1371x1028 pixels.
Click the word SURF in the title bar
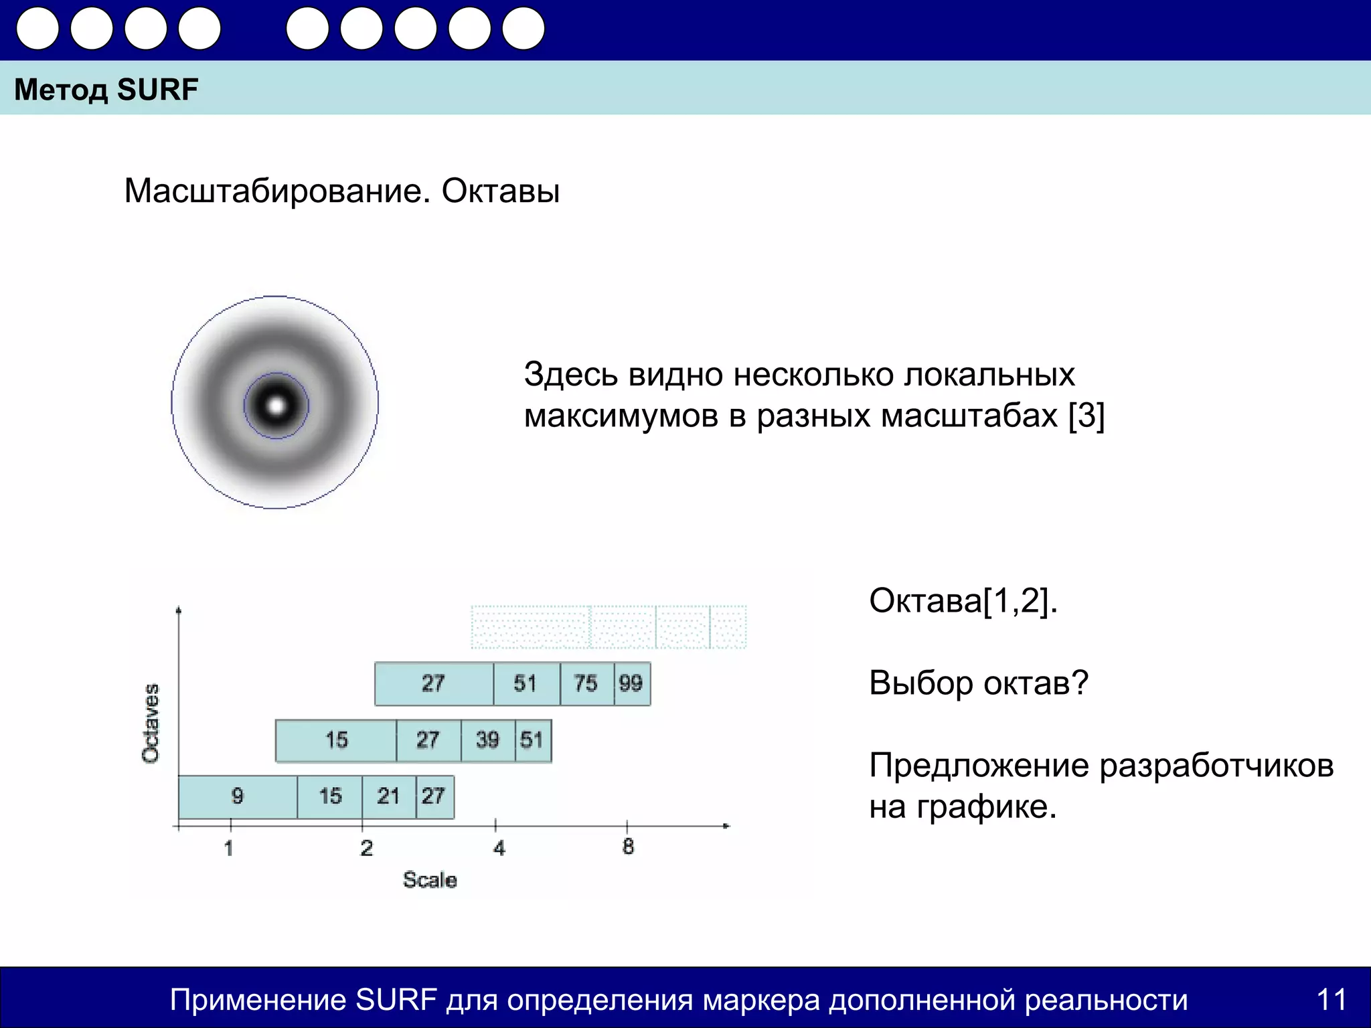pos(157,90)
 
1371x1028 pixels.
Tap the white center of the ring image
pos(276,405)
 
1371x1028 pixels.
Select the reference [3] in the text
pos(1086,416)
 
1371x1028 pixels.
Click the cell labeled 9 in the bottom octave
pos(238,796)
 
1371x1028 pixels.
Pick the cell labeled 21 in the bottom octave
pos(388,796)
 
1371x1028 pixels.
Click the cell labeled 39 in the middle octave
pos(487,740)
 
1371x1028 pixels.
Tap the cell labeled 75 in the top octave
pos(586,683)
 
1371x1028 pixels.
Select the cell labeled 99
pos(631,683)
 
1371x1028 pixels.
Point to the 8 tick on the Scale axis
pos(627,847)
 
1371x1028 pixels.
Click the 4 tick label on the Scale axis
pos(499,849)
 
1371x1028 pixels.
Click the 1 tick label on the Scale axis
pos(229,849)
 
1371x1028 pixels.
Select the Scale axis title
pos(430,880)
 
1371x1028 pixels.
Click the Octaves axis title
pos(151,723)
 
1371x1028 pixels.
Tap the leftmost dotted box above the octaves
pos(530,627)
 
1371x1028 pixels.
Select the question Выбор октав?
pos(978,683)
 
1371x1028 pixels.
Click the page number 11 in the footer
pos(1331,999)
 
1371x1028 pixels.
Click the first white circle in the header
pos(38,29)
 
